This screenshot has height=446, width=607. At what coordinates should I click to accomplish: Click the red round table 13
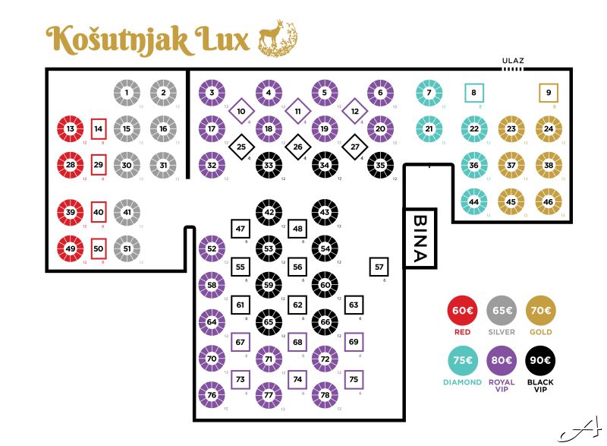point(71,129)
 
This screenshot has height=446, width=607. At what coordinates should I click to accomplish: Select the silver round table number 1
point(127,93)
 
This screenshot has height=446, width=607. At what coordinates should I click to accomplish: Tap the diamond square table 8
point(474,93)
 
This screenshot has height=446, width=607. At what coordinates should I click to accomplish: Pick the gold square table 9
point(549,93)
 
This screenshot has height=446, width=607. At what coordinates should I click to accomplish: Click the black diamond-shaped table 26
point(297,147)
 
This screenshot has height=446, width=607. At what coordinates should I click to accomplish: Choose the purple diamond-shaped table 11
point(297,111)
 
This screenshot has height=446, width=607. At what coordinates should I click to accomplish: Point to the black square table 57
point(379,267)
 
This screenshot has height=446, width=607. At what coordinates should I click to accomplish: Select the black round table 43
point(325,212)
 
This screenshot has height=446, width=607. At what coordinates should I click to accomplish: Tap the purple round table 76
point(212,395)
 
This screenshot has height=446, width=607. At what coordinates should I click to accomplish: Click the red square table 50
point(98,248)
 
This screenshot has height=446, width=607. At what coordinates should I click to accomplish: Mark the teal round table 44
point(474,202)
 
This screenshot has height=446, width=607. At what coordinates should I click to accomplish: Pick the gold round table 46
point(549,202)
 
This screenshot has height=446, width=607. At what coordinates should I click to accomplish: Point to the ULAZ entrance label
point(514,61)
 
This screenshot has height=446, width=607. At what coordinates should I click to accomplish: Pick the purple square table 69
point(354,342)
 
